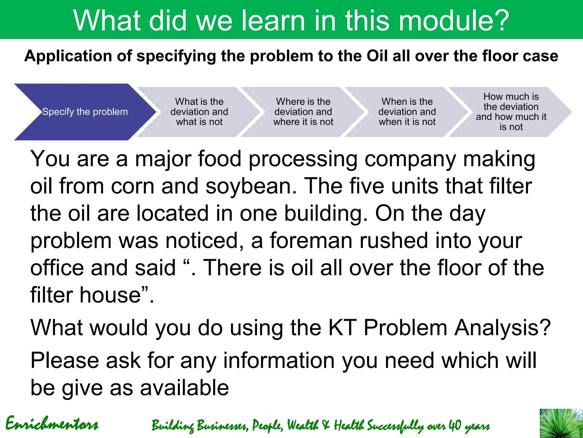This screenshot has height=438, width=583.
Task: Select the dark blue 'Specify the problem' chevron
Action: [x=85, y=112]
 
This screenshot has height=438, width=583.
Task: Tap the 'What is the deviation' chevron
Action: [x=199, y=112]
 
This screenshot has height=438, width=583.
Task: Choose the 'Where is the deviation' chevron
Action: [x=303, y=112]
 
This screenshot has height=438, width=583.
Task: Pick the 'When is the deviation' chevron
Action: [x=407, y=112]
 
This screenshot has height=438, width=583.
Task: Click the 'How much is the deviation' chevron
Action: [x=511, y=112]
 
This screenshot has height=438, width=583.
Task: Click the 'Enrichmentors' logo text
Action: [x=52, y=424]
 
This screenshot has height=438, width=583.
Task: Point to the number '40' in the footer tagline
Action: [x=455, y=425]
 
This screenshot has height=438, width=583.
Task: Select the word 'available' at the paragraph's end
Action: [x=184, y=388]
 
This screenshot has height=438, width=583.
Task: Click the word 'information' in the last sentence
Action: [x=279, y=361]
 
